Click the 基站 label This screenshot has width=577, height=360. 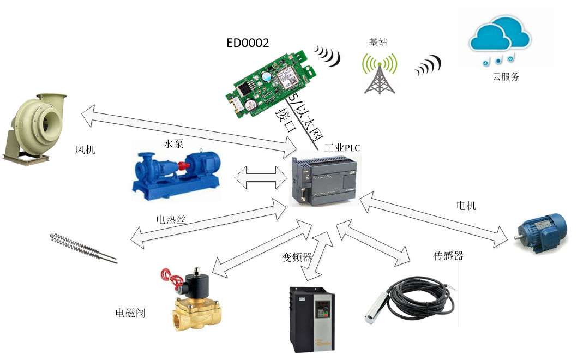378,43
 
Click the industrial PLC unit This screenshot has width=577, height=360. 326,180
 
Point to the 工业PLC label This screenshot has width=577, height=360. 342,148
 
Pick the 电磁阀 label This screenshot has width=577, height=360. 130,313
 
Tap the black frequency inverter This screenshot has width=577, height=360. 308,319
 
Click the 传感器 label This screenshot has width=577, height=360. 448,255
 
